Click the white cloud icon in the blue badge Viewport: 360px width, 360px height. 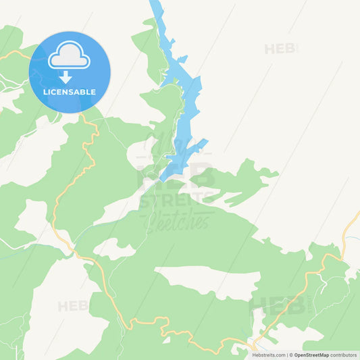[x=70, y=55]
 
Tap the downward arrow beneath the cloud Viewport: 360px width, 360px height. [x=66, y=77]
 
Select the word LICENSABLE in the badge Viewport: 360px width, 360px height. [x=70, y=92]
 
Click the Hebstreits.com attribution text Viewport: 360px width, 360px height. [x=268, y=355]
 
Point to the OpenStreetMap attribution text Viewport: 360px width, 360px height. [x=311, y=355]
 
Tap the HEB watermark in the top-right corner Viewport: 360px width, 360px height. [x=280, y=49]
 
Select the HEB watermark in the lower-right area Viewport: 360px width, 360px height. [x=277, y=305]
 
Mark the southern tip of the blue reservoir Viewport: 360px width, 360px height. [x=162, y=179]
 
